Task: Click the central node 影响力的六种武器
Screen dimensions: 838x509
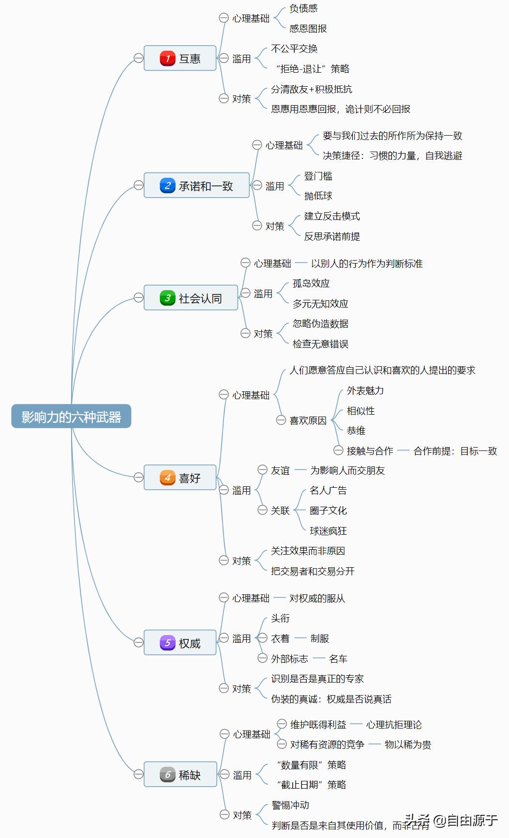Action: click(71, 417)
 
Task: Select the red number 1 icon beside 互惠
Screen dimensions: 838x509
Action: click(167, 59)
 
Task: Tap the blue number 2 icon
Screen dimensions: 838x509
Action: click(167, 186)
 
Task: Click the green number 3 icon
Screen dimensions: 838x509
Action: click(167, 298)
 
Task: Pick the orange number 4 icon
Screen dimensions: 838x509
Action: click(167, 478)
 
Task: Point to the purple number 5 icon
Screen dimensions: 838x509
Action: click(167, 643)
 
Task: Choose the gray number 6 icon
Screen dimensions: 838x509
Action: click(167, 775)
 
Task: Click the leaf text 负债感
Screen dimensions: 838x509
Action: click(303, 8)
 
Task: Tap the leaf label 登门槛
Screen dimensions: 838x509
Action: click(318, 176)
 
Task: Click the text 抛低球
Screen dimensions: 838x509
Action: click(318, 196)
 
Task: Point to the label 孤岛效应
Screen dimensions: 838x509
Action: click(311, 283)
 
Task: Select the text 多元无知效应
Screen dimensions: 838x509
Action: click(320, 304)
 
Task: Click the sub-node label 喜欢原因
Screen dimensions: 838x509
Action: click(308, 420)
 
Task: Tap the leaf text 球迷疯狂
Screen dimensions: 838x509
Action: click(328, 531)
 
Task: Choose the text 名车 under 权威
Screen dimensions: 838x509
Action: click(338, 659)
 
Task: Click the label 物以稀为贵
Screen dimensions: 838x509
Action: click(408, 745)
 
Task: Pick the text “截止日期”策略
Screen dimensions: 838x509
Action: click(312, 785)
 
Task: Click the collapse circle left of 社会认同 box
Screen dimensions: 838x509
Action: click(138, 298)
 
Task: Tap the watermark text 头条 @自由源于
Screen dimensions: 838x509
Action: click(451, 820)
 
